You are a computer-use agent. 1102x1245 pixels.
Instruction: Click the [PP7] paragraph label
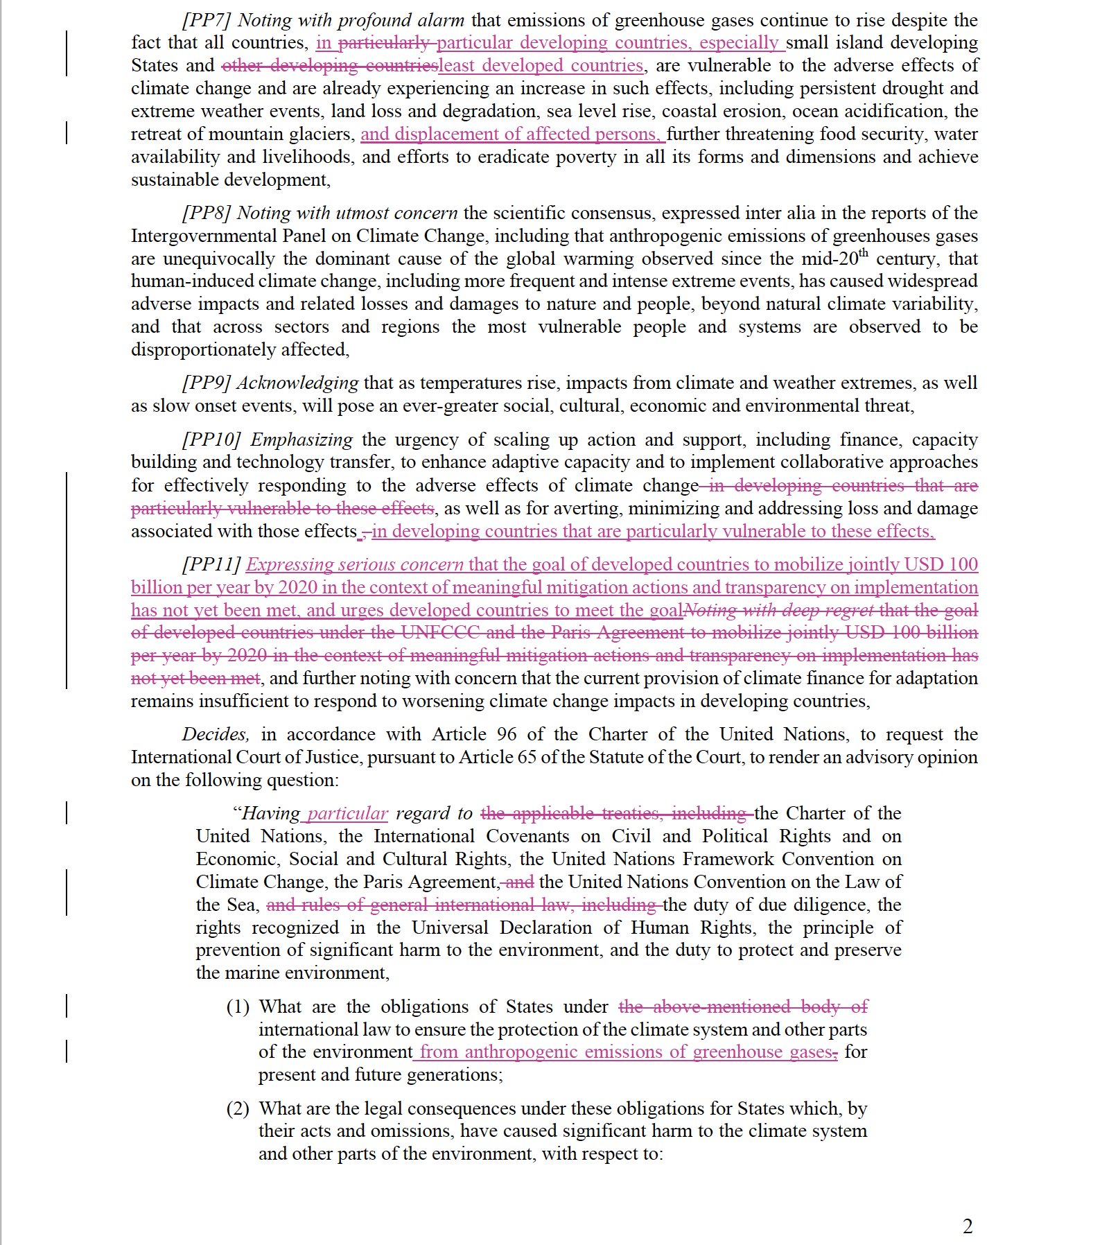tap(207, 20)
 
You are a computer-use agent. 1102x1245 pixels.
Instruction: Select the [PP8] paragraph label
tap(207, 213)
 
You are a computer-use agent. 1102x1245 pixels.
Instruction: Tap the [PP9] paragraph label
tap(207, 383)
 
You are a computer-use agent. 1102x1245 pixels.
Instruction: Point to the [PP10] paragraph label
tap(211, 439)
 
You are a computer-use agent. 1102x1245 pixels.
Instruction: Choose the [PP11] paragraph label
tap(211, 564)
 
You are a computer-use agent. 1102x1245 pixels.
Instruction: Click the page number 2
tap(968, 1226)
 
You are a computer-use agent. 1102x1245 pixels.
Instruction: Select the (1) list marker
tap(238, 1007)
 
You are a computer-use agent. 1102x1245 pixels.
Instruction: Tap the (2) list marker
tap(238, 1108)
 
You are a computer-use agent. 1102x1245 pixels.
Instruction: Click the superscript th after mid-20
tap(863, 252)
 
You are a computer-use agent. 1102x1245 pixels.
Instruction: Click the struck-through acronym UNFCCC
tap(436, 632)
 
